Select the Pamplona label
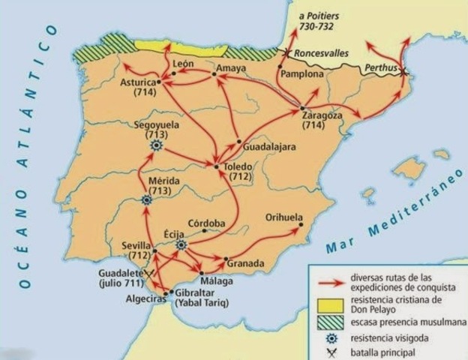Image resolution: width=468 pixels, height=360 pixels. tap(301, 75)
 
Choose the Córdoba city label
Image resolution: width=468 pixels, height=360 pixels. tap(206, 223)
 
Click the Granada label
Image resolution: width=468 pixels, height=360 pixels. tap(246, 264)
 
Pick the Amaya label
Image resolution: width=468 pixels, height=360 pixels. tap(231, 68)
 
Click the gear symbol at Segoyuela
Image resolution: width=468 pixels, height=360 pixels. tap(156, 147)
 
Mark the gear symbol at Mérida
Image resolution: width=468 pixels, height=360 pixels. tap(147, 200)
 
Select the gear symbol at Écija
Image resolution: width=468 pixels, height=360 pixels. tap(181, 244)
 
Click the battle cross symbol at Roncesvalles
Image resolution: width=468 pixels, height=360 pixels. tap(285, 52)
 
